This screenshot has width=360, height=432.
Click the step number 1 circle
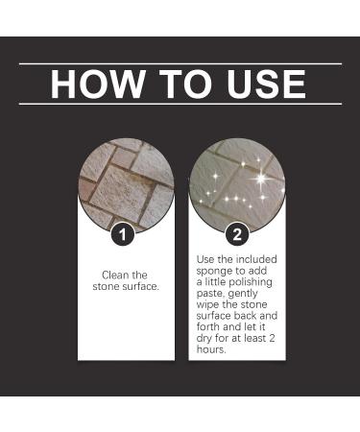click(121, 233)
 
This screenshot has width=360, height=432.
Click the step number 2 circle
click(237, 233)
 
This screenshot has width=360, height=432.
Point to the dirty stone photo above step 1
click(126, 182)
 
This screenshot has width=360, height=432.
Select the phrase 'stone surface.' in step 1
click(125, 287)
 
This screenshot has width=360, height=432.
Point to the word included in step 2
click(255, 260)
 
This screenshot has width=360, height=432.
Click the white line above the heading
click(180, 63)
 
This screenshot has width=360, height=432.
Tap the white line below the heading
click(180, 103)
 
